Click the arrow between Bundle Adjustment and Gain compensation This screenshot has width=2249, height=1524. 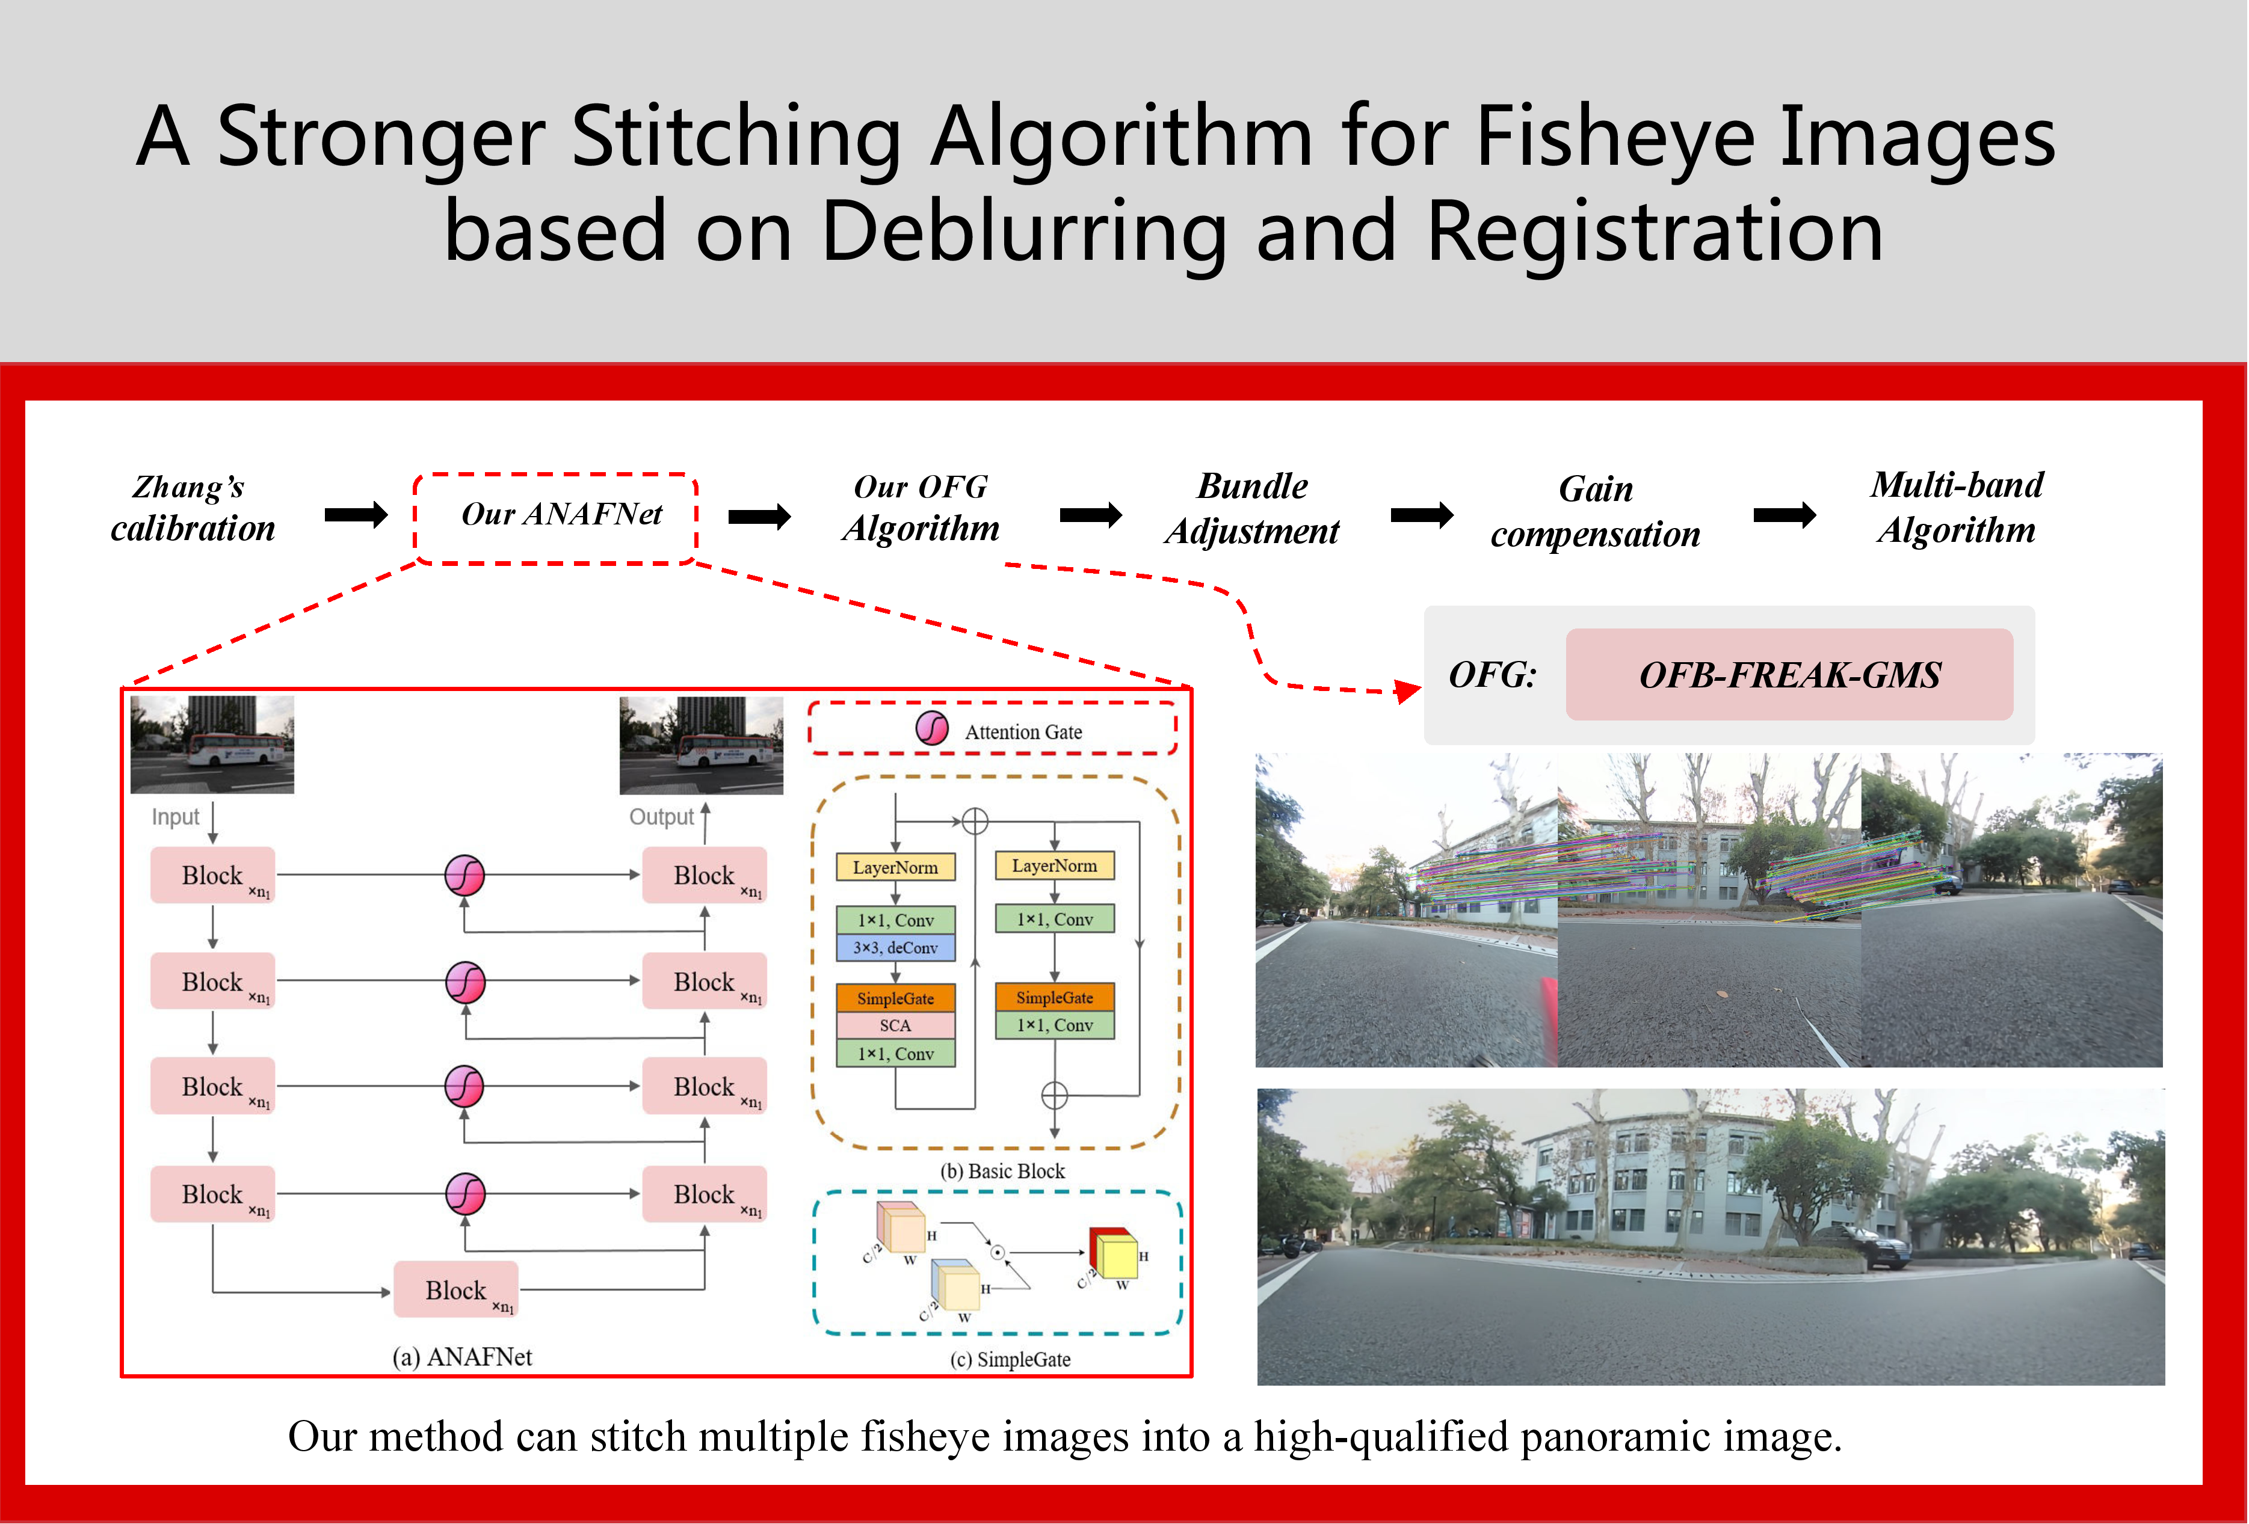tap(1422, 515)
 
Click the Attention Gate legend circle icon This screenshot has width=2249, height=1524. tap(932, 728)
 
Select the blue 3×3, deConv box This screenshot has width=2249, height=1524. tap(895, 947)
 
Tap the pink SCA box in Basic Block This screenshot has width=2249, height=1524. tap(895, 1025)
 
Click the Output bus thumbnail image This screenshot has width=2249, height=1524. tap(701, 745)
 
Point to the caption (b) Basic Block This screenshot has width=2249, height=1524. tap(1002, 1171)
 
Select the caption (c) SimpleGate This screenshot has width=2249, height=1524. tap(1010, 1359)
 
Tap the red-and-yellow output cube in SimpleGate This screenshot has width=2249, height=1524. tap(1114, 1253)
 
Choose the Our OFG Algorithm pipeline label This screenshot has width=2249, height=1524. tap(921, 508)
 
